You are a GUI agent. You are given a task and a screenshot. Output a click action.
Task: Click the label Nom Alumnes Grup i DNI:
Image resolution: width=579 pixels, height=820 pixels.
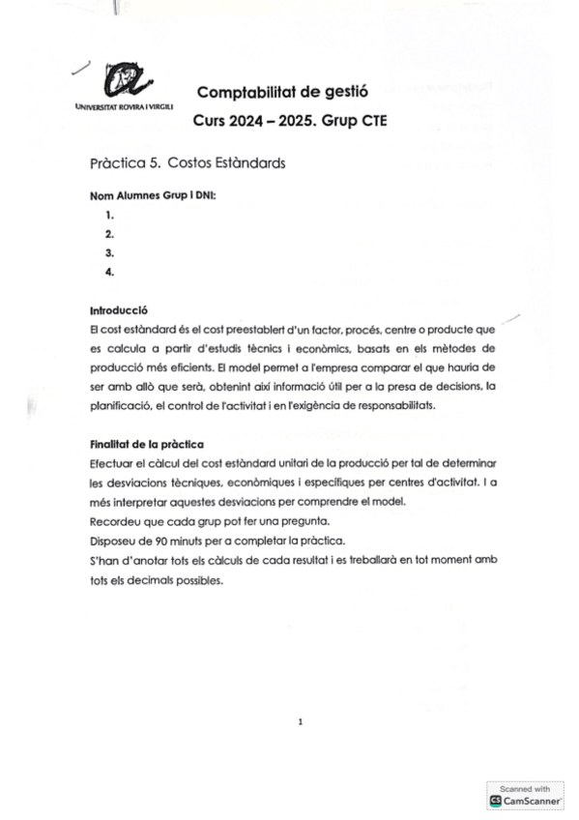click(153, 195)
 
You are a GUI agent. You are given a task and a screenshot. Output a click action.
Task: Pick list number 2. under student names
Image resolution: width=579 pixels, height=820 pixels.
click(110, 234)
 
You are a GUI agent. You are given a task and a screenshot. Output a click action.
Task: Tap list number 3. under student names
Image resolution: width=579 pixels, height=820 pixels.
click(110, 252)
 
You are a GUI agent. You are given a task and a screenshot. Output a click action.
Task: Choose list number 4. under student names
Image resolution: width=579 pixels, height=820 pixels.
click(110, 272)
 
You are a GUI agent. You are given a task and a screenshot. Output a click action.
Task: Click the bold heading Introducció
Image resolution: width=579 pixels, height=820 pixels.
click(117, 311)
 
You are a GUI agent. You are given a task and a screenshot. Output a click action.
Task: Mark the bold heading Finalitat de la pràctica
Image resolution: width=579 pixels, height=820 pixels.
click(146, 445)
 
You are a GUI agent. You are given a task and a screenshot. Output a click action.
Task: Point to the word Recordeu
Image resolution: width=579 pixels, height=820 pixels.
click(114, 521)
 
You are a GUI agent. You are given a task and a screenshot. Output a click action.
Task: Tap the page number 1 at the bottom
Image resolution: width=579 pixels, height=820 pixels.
click(301, 721)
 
